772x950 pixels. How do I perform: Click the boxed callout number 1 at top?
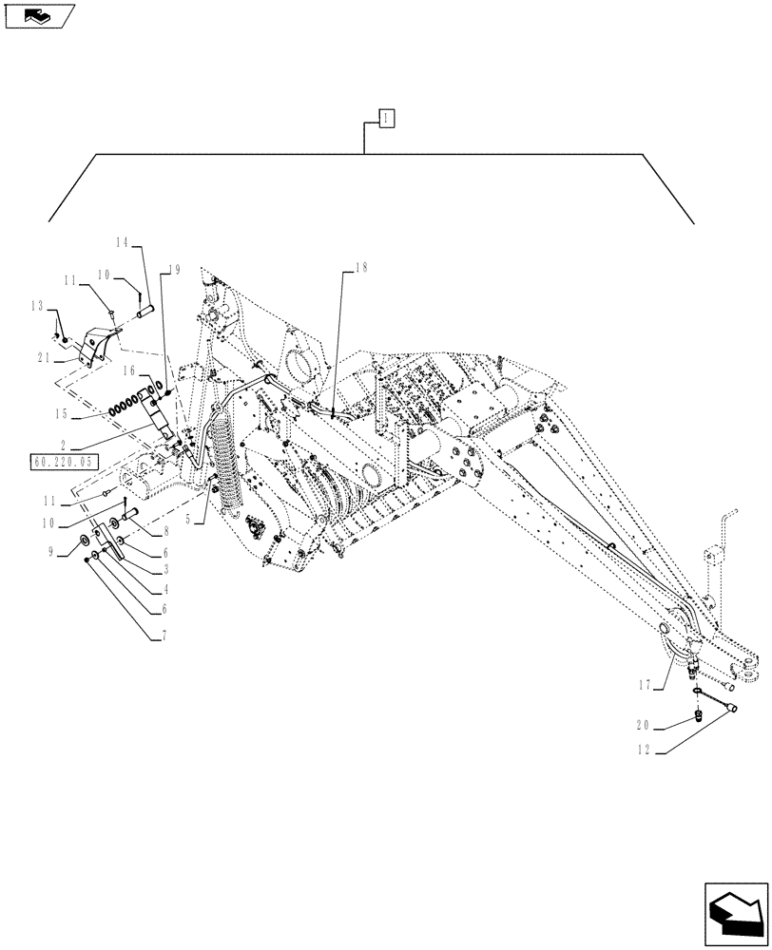[385, 118]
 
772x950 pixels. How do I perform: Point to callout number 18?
[358, 269]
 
